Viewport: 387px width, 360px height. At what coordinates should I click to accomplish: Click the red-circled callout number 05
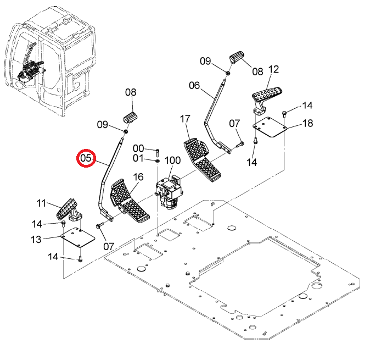pos(86,158)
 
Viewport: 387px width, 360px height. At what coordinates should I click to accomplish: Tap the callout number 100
pos(172,160)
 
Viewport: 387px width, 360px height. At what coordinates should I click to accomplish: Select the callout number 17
pos(185,119)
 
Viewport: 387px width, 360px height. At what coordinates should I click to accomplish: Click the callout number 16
pos(138,177)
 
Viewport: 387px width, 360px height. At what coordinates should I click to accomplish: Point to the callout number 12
pos(273,69)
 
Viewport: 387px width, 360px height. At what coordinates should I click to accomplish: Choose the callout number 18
pos(307,123)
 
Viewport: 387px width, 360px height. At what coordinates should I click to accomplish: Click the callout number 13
pos(36,239)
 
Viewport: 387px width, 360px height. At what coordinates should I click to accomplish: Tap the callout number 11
pos(41,203)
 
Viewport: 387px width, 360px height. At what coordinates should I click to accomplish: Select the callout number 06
pos(194,86)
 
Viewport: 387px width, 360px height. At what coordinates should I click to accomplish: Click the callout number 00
pos(138,148)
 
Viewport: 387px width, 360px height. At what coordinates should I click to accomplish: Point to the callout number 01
pos(138,158)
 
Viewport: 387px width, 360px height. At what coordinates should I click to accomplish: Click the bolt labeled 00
pos(158,153)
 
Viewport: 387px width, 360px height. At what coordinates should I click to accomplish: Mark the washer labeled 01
pos(158,161)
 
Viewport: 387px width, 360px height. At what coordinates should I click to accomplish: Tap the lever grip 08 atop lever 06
pos(237,57)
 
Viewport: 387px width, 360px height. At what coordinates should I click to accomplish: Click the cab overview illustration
pos(50,62)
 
